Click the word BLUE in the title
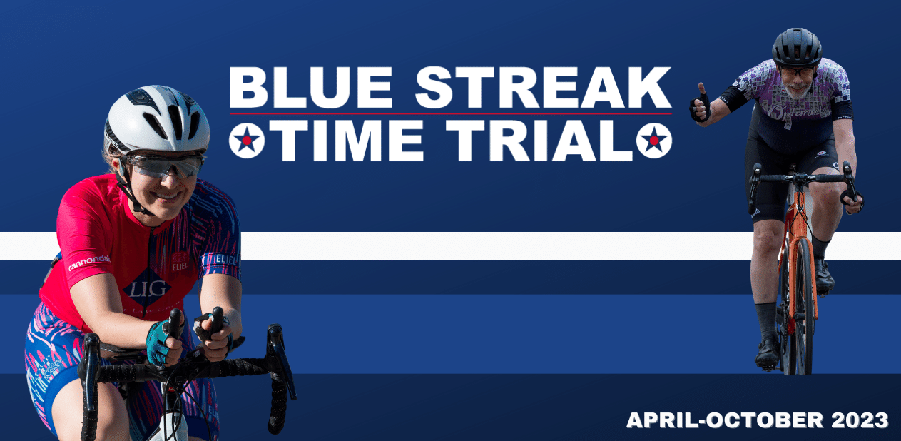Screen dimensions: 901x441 point(310,87)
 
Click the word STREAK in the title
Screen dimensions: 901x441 point(544,87)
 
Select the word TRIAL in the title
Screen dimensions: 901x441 point(539,140)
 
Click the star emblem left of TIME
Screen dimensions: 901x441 point(247,141)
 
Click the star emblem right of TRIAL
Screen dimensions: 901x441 point(654,141)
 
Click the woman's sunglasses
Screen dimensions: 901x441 point(165,165)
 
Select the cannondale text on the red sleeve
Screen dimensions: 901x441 point(89,262)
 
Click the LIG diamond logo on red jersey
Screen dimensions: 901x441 point(147,288)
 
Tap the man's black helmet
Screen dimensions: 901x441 point(796,47)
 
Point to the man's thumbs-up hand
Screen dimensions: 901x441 point(700,103)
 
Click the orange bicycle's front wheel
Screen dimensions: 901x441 point(802,306)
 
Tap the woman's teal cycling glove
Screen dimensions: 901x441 point(160,342)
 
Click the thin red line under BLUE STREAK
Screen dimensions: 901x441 point(451,114)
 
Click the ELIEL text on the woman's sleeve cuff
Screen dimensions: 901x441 point(225,260)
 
